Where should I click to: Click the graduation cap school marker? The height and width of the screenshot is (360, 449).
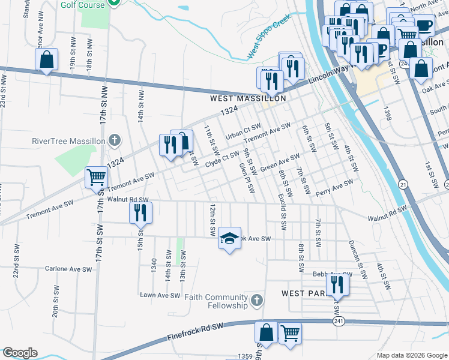pyautogui.click(x=229, y=238)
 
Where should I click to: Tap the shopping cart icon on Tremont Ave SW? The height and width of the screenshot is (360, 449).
pyautogui.click(x=96, y=177)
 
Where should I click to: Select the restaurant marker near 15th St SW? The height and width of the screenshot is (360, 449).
pyautogui.click(x=141, y=212)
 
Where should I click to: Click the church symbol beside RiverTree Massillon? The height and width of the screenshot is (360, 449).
pyautogui.click(x=114, y=142)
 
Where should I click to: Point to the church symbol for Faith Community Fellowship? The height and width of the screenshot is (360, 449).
pyautogui.click(x=256, y=300)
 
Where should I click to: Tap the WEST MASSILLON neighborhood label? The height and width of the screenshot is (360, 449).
pyautogui.click(x=247, y=98)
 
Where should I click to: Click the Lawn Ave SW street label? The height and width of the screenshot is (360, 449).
pyautogui.click(x=160, y=295)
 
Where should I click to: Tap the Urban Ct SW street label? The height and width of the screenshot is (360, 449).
pyautogui.click(x=243, y=132)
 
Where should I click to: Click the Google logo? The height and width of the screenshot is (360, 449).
pyautogui.click(x=19, y=353)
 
